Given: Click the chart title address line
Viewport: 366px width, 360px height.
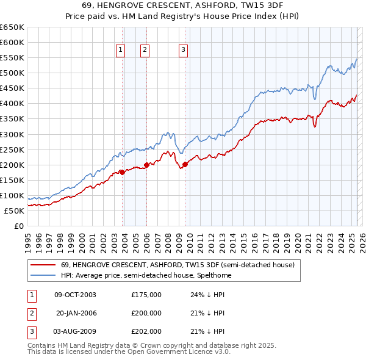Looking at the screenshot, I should pyautogui.click(x=183, y=5).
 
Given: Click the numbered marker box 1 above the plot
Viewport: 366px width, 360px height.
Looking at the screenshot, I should pyautogui.click(x=121, y=51).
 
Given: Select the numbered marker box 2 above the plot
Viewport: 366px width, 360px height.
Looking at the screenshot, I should pyautogui.click(x=145, y=51).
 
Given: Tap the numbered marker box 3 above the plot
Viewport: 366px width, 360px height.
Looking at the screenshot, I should pyautogui.click(x=184, y=51).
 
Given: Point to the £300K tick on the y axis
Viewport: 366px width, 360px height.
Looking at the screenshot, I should pyautogui.click(x=12, y=134).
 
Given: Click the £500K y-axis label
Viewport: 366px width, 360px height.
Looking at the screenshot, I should pyautogui.click(x=12, y=73).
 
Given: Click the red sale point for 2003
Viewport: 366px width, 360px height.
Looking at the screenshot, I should pyautogui.click(x=122, y=172).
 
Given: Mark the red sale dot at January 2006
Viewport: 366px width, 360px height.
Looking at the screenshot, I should pyautogui.click(x=147, y=165).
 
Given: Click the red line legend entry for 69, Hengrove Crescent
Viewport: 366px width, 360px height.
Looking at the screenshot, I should pyautogui.click(x=178, y=265).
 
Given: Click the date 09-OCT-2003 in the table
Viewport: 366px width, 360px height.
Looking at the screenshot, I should pyautogui.click(x=75, y=295).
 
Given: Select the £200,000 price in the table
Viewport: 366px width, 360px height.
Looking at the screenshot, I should pyautogui.click(x=146, y=313).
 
